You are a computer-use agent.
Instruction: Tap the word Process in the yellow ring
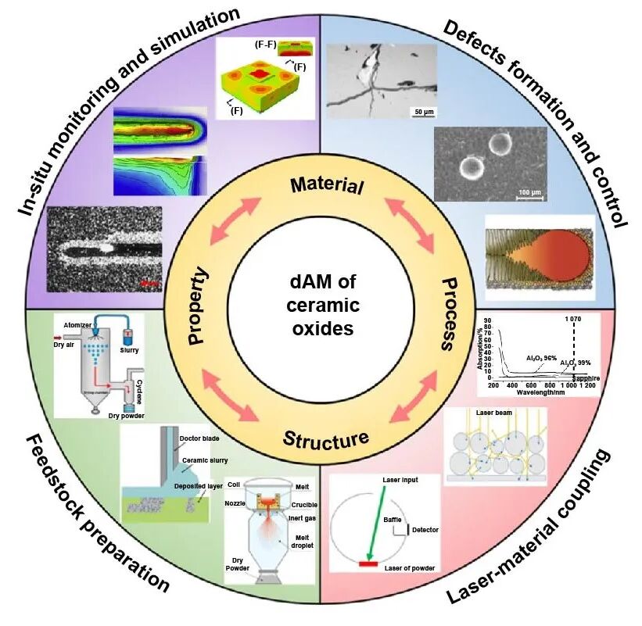click(x=449, y=313)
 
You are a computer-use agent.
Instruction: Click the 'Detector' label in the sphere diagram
click(x=423, y=530)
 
